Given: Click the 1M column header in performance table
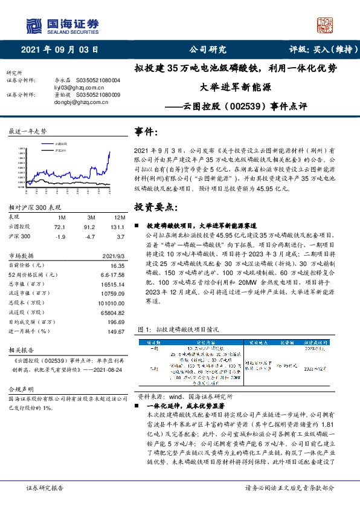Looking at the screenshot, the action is (62, 216).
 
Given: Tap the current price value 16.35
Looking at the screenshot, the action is (117, 265).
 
